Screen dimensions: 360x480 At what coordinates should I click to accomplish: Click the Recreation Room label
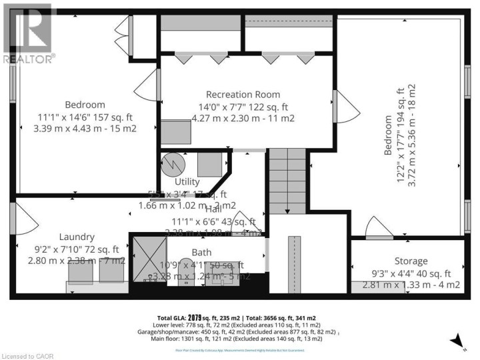pyautogui.click(x=243, y=94)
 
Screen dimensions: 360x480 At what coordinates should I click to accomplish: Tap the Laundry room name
pyautogui.click(x=76, y=237)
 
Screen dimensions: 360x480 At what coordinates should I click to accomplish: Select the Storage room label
pyautogui.click(x=410, y=261)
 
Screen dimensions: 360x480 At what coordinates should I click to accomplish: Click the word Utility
pyautogui.click(x=187, y=181)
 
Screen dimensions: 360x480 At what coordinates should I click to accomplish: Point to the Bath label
pyautogui.click(x=201, y=253)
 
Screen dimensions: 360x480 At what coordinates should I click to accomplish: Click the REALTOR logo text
pyautogui.click(x=27, y=59)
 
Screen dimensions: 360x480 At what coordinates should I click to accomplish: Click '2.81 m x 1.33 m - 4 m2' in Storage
pyautogui.click(x=411, y=285)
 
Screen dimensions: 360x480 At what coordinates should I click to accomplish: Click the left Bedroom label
pyautogui.click(x=85, y=105)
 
